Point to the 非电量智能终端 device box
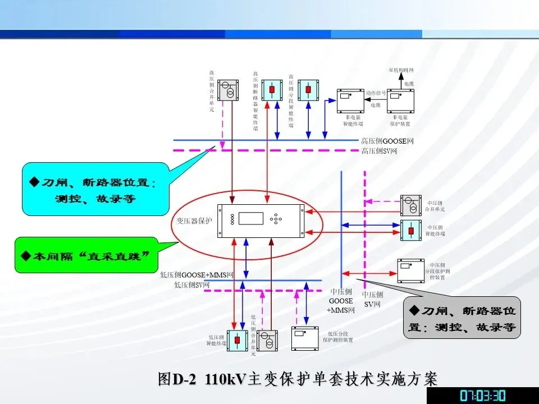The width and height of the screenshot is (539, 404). (350, 100)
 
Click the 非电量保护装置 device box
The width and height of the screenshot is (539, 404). (400, 100)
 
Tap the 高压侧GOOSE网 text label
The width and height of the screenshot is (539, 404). (387, 141)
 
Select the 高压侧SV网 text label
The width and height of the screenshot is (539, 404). (380, 151)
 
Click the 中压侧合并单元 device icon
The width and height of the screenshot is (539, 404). (410, 205)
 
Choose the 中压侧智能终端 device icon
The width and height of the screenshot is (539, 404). (410, 230)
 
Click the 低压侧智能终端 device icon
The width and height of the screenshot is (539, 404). (237, 341)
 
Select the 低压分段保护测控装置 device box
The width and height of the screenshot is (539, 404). (304, 338)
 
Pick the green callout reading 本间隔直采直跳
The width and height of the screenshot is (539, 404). (86, 256)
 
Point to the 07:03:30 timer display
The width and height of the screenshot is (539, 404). (483, 395)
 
